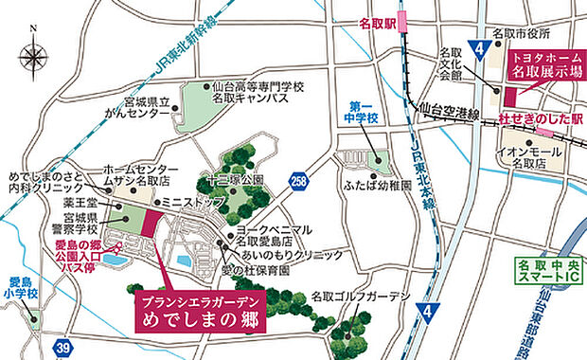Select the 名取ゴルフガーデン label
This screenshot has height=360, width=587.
pos(360,297)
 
